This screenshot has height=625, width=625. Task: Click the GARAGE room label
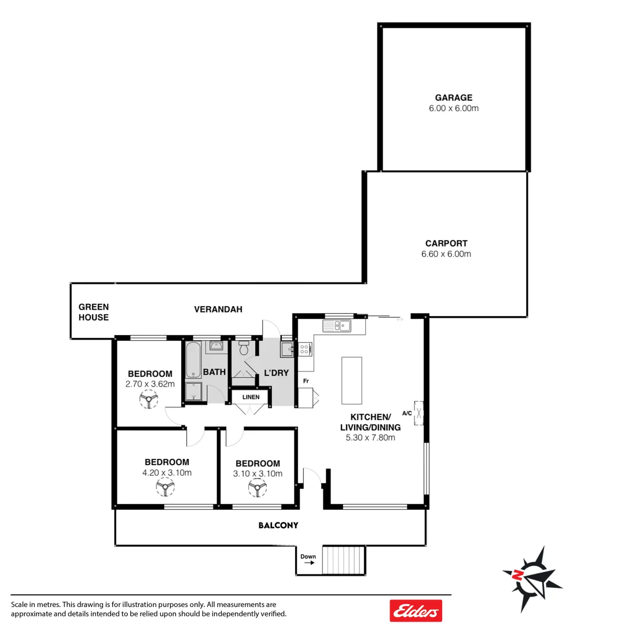click(454, 98)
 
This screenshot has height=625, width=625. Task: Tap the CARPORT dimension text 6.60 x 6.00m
click(446, 254)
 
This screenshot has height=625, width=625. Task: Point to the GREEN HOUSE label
click(94, 312)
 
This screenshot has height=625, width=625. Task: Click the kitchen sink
click(337, 326)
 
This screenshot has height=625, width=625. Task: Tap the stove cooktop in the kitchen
click(304, 349)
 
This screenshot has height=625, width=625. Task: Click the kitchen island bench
click(351, 380)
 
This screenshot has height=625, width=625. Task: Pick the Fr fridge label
click(305, 382)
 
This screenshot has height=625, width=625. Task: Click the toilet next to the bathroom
click(244, 349)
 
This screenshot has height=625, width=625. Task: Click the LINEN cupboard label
click(251, 397)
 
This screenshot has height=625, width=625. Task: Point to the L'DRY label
click(276, 373)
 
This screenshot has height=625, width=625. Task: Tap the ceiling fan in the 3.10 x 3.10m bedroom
click(258, 489)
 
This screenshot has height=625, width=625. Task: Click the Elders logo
click(416, 611)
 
